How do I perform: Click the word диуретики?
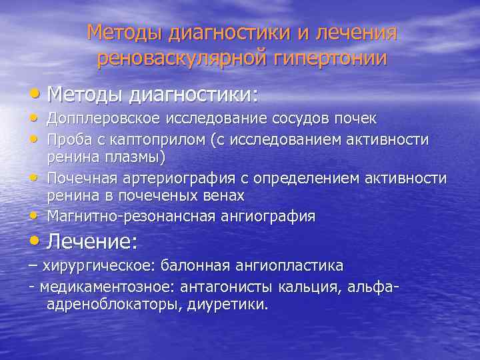click(234, 305)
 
